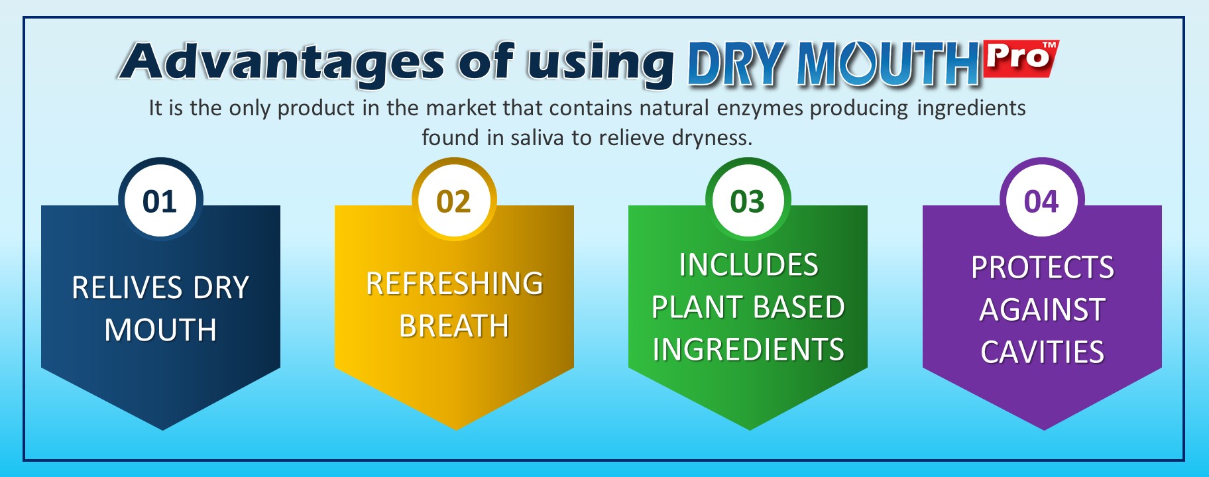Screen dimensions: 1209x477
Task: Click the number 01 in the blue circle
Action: [x=160, y=201]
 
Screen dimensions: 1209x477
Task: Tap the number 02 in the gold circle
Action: [x=453, y=201]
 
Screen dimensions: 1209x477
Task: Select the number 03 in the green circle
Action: [x=748, y=201]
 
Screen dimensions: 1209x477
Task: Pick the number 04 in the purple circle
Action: [x=1041, y=201]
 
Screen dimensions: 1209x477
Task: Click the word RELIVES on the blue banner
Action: [x=127, y=288]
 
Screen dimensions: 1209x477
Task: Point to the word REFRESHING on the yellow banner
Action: [x=455, y=284]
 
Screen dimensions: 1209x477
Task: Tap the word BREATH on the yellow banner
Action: [x=454, y=326]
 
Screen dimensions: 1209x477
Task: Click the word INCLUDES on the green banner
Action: [x=748, y=265]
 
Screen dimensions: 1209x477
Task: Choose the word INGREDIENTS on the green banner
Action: [x=748, y=350]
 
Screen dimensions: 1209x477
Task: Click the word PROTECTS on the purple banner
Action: [x=1043, y=268]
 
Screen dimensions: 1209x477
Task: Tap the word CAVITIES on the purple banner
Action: [x=1043, y=352]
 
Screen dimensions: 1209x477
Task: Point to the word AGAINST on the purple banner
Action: [x=1043, y=310]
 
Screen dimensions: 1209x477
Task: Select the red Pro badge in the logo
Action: [x=1021, y=58]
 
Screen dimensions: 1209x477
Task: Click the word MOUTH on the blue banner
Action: [x=161, y=330]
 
